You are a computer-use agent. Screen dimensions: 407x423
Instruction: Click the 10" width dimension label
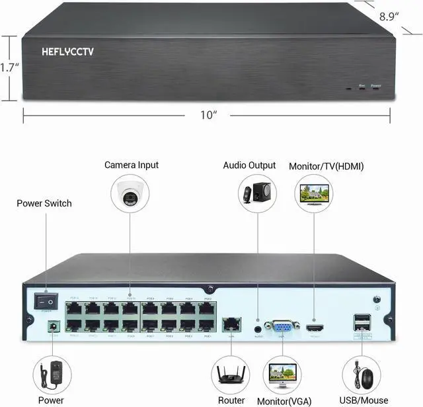coord(209,115)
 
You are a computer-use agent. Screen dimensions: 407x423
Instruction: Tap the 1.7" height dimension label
coord(9,67)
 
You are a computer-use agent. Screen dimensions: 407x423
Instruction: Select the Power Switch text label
coord(44,203)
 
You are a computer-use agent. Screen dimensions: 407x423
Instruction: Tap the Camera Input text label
coord(132,165)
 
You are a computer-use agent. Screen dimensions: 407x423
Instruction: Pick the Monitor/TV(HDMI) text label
coord(327,166)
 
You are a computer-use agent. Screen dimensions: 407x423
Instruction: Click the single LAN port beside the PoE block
coord(231,324)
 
